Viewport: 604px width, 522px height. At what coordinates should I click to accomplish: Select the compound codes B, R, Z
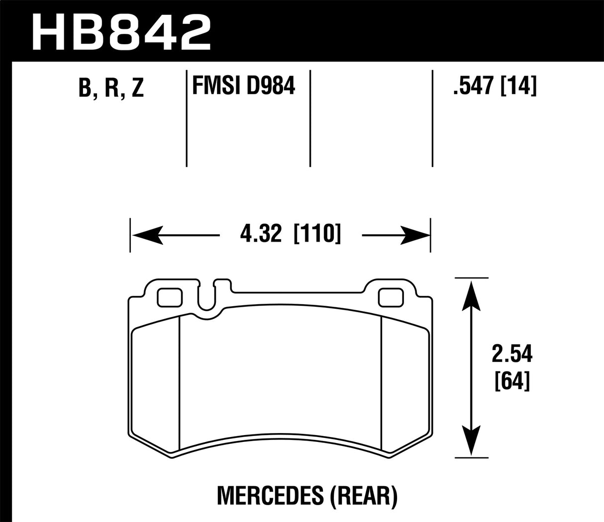(110, 88)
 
